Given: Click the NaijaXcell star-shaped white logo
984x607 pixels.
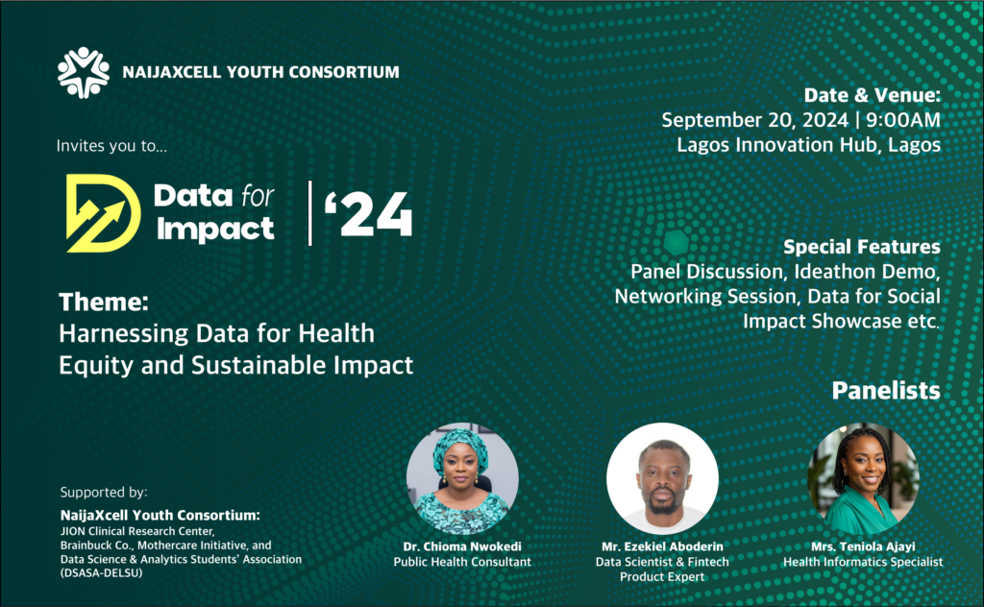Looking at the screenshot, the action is click(x=84, y=73).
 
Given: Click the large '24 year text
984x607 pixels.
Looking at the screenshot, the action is click(x=368, y=214).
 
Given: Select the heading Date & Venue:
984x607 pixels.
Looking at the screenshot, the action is click(x=873, y=95).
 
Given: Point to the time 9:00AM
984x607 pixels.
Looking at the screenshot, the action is click(x=903, y=120).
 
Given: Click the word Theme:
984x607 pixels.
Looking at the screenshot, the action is click(x=104, y=303).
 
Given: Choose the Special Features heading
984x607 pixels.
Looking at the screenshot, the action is click(x=862, y=247).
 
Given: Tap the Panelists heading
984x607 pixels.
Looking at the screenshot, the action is click(x=886, y=391).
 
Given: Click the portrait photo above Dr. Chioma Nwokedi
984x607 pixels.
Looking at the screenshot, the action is click(x=462, y=479).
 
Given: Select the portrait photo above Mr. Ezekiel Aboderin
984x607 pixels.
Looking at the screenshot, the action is click(x=662, y=479).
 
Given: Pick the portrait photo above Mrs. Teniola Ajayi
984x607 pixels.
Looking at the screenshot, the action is click(x=863, y=479).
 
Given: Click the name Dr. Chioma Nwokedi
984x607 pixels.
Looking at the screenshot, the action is click(x=462, y=546).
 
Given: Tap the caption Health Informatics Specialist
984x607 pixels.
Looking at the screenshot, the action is click(x=863, y=562).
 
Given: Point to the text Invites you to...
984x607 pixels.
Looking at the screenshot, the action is click(x=111, y=146).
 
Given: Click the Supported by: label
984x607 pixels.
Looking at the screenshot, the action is click(x=104, y=493).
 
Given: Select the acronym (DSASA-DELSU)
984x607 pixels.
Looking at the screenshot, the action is click(x=102, y=573).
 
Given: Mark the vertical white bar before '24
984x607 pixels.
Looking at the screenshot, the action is click(x=310, y=213).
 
